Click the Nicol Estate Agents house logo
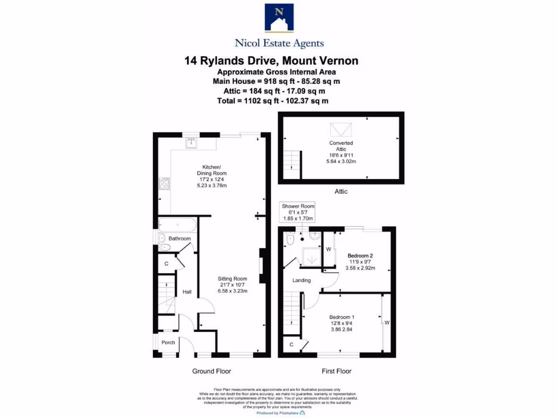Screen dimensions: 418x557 pyautogui.click(x=278, y=19)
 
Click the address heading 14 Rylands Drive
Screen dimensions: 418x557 pyautogui.click(x=271, y=60)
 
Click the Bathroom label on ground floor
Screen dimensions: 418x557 pyautogui.click(x=180, y=239)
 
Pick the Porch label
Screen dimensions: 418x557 pyautogui.click(x=169, y=342)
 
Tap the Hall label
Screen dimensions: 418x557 pyautogui.click(x=187, y=292)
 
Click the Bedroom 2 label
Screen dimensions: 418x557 pyautogui.click(x=360, y=255)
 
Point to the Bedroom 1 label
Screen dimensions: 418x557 pyautogui.click(x=342, y=317)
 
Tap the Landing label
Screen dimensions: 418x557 pyautogui.click(x=301, y=280)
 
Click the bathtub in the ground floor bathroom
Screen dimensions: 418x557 pyautogui.click(x=176, y=224)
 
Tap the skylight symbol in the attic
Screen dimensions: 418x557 pyautogui.click(x=341, y=130)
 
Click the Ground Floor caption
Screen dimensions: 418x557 pyautogui.click(x=212, y=371)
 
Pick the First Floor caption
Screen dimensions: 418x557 pyautogui.click(x=336, y=371)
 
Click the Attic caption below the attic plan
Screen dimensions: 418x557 pyautogui.click(x=341, y=192)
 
